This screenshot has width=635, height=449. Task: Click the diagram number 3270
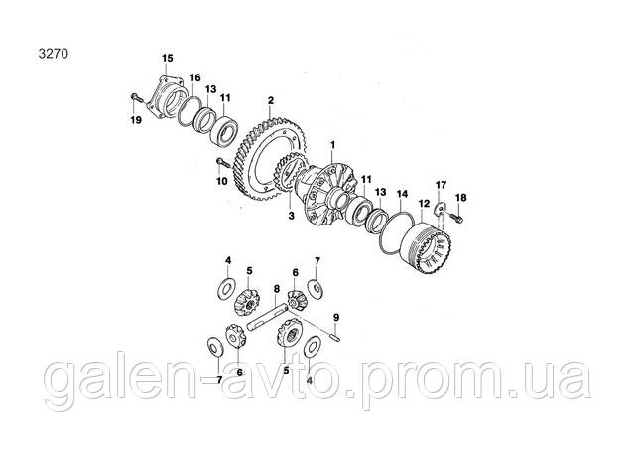point(53,54)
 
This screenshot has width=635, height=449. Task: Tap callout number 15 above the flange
point(168,58)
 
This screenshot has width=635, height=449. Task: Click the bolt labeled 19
point(136,97)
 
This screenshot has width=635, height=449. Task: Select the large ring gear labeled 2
point(270,158)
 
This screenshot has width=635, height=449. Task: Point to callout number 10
point(222,181)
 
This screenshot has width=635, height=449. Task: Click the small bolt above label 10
point(223,162)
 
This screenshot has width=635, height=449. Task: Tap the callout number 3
point(291,216)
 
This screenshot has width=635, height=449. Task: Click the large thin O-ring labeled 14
point(397,233)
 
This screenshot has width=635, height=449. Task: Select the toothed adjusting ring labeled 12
point(429,247)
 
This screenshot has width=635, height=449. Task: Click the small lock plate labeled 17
point(440,209)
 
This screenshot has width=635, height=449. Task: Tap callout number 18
point(460,198)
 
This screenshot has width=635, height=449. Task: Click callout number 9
point(335,317)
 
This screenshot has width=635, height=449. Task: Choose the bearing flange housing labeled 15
point(166,97)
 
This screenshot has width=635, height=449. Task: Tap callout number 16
point(195,77)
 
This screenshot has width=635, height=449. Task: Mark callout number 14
point(402,194)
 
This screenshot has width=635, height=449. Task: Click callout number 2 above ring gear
point(271,100)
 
